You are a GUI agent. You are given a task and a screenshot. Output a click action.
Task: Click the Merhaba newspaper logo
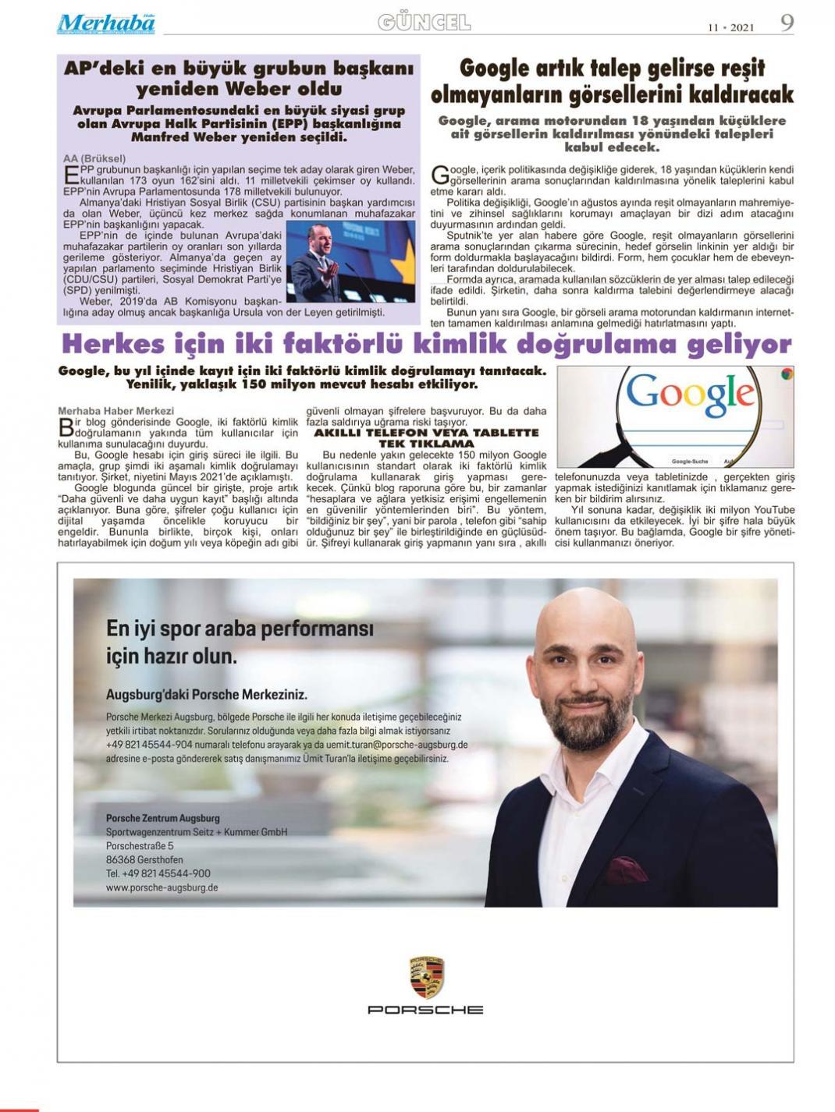[x=105, y=23]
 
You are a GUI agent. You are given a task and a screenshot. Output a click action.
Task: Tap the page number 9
[x=787, y=23]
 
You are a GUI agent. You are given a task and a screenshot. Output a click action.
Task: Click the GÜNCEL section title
[x=424, y=23]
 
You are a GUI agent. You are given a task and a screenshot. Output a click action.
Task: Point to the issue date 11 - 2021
[x=731, y=27]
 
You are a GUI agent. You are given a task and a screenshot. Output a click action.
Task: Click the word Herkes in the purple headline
[x=113, y=344]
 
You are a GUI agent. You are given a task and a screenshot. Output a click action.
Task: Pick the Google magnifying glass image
[x=675, y=416]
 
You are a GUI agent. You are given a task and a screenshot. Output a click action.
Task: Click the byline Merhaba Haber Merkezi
[x=116, y=410]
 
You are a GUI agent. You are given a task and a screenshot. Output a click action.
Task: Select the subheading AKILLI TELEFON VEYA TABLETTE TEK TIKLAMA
[x=426, y=437]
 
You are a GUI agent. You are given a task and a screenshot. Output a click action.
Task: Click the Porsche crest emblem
[x=426, y=977]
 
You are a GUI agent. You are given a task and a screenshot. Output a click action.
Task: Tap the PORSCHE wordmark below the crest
[x=425, y=1010]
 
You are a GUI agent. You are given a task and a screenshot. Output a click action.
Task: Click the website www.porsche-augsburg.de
[x=162, y=887]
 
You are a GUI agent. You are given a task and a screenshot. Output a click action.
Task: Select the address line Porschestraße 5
[x=140, y=846]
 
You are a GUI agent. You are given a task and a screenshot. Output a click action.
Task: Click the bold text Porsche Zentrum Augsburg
[x=162, y=818]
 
